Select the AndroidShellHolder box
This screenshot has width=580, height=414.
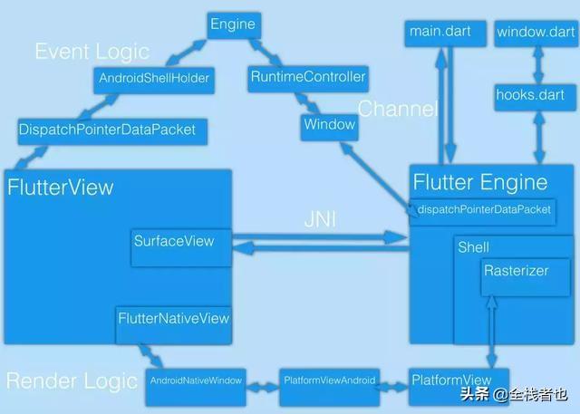point(152,78)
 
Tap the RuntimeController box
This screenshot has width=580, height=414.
point(307,78)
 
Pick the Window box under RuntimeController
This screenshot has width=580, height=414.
point(328,125)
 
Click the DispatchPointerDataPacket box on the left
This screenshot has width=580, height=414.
point(107,130)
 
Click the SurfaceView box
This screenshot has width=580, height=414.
point(175,240)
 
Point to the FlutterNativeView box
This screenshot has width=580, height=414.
point(173,319)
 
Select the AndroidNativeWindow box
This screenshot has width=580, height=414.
point(197,380)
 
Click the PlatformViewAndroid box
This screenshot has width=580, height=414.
point(328,380)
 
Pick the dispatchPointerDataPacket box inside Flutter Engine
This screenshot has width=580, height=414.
point(483,210)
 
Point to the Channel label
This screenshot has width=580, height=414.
point(398,111)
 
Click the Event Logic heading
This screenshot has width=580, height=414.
point(92,51)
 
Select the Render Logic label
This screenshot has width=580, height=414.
point(72,380)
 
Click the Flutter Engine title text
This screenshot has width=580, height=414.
point(479,182)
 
